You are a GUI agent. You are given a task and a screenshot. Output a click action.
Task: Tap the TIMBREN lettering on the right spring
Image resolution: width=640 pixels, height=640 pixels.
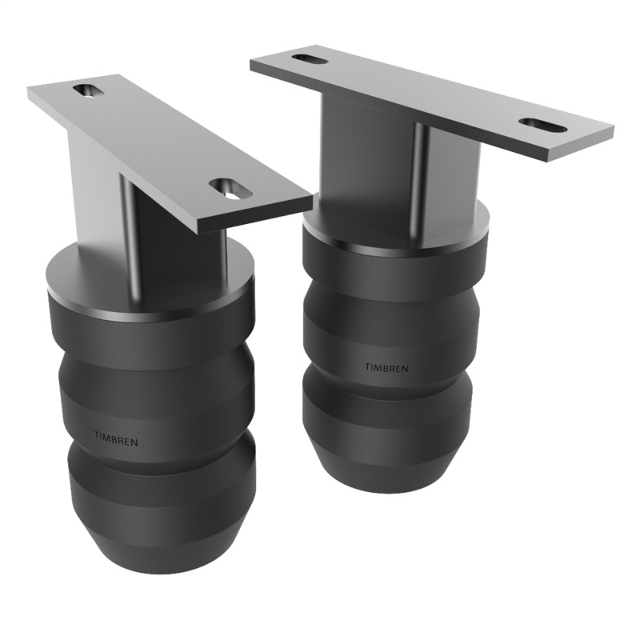coord(386,368)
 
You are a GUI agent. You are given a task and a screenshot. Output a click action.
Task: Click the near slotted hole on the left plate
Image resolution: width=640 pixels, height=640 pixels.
coord(230,189)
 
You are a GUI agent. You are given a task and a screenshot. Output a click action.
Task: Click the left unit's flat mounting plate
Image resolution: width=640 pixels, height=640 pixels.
coord(160,144)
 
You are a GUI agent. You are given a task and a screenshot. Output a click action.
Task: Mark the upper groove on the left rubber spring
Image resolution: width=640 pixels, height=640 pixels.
coord(156,364)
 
